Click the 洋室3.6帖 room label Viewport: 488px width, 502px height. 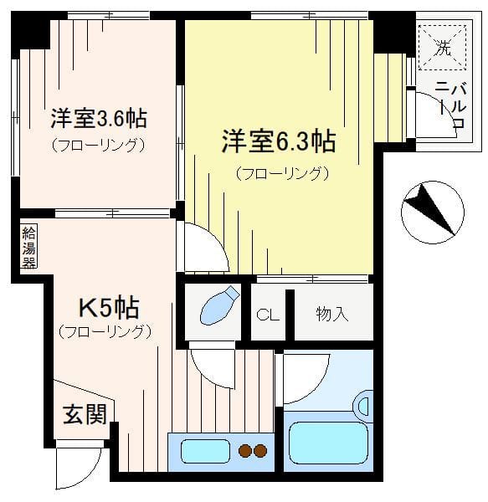99,119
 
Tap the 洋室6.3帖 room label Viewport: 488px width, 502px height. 279,141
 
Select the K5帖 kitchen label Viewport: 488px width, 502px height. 109,308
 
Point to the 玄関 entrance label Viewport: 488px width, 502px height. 85,414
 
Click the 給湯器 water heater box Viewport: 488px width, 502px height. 28,247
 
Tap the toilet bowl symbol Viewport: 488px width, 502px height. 219,305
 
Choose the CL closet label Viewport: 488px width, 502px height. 268,315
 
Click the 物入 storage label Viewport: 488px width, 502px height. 331,314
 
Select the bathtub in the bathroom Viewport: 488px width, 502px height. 328,443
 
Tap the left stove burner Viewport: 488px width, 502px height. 245,451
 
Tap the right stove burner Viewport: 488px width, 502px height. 260,451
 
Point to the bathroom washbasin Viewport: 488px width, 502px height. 364,407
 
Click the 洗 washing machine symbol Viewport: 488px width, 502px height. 442,48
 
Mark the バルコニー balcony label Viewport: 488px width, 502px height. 452,105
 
